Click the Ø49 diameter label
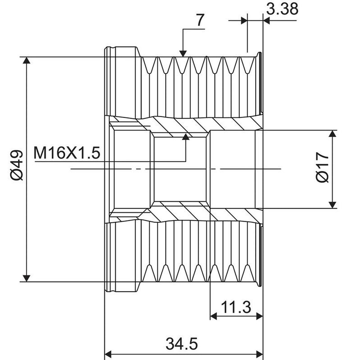click(17, 165)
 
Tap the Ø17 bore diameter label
click(322, 167)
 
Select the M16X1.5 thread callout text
click(67, 153)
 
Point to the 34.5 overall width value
click(182, 344)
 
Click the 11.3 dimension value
click(236, 307)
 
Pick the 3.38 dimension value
click(282, 9)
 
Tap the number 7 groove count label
click(200, 20)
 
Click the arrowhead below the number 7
click(183, 54)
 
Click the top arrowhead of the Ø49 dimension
click(27, 60)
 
